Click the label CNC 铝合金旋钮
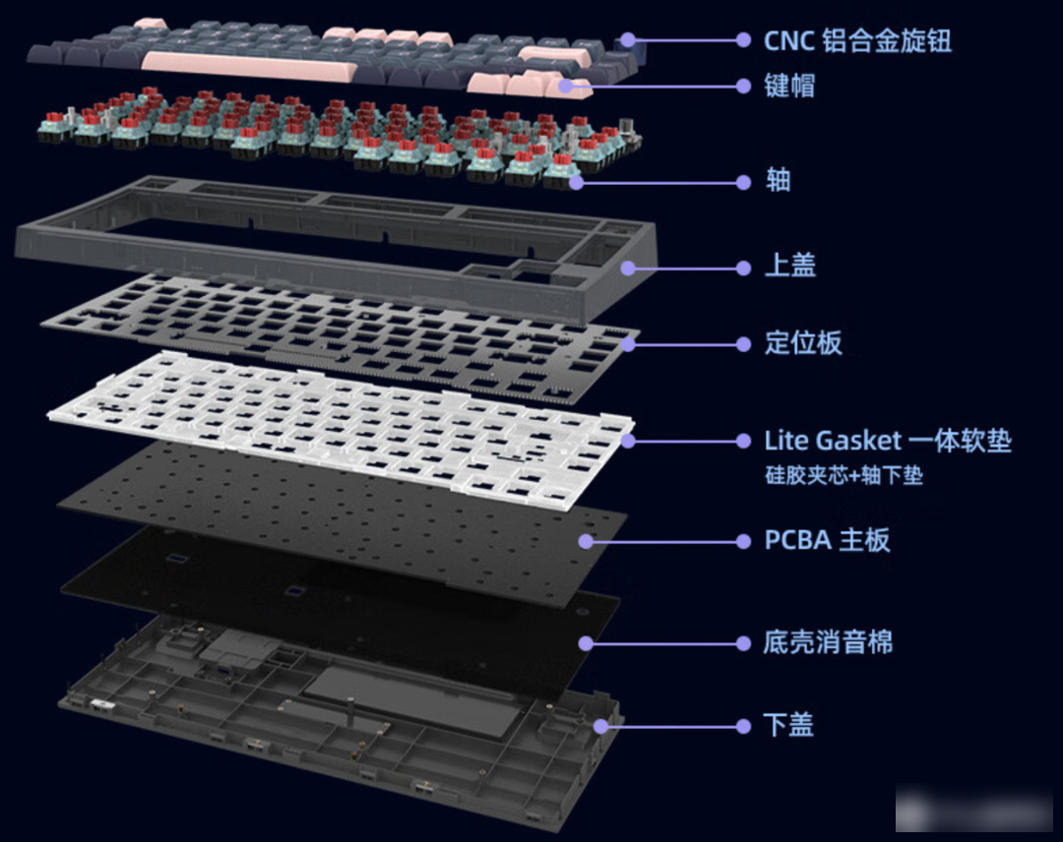point(857,40)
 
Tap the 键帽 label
point(789,86)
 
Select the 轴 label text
point(779,181)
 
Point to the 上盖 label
point(789,265)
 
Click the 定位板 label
point(803,342)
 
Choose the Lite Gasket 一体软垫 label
point(888,441)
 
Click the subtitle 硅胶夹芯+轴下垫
point(844,475)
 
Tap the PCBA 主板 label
point(827,540)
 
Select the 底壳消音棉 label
point(829,642)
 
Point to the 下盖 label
point(788,725)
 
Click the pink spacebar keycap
point(248,66)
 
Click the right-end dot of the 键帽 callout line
point(744,86)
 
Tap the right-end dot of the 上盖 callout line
point(744,269)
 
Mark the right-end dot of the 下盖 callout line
point(744,727)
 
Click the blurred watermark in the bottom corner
point(974,808)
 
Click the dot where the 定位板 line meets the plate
point(628,344)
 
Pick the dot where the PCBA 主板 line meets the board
point(587,541)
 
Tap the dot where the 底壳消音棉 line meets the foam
point(587,643)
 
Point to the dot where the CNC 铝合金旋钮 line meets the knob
point(628,40)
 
